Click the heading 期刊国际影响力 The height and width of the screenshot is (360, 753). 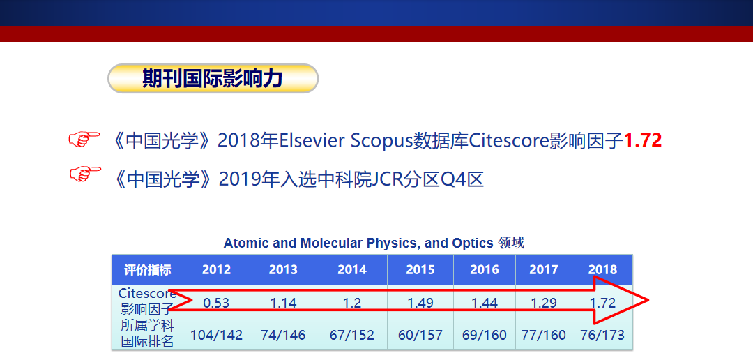[212, 78]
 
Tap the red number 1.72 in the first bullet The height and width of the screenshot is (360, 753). [643, 140]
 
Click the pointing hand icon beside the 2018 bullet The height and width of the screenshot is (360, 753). [84, 140]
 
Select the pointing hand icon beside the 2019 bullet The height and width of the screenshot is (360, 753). [86, 174]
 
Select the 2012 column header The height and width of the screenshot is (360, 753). [216, 269]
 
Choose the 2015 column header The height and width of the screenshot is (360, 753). [420, 269]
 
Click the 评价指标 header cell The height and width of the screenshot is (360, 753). [147, 269]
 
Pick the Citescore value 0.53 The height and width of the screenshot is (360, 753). [216, 303]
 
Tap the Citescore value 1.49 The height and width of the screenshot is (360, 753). [420, 303]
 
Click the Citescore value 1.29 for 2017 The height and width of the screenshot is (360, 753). [544, 303]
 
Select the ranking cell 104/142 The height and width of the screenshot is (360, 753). [217, 335]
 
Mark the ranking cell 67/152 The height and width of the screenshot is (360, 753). [352, 335]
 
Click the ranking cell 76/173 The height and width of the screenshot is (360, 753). [602, 335]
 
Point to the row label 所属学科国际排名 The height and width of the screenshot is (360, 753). [147, 333]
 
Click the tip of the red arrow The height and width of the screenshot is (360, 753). [649, 301]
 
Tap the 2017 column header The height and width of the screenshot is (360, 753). [544, 269]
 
